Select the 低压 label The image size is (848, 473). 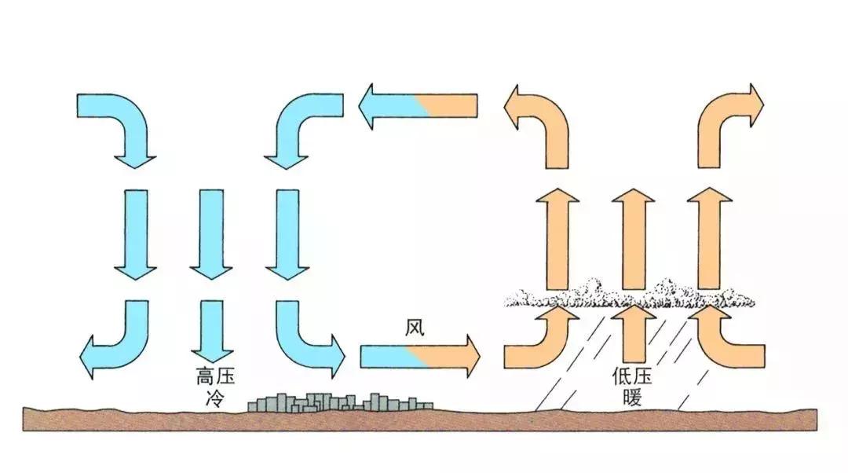tap(634, 377)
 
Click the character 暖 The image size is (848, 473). tap(634, 398)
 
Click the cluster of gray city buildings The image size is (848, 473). tap(338, 402)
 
